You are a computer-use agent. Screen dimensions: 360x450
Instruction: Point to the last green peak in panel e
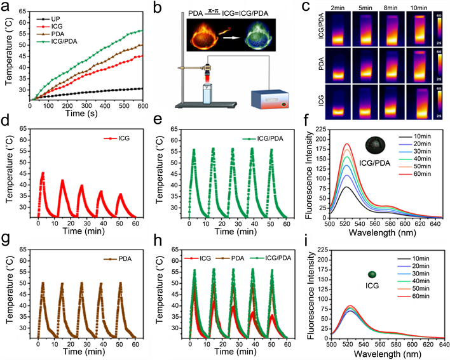tap(271, 150)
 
